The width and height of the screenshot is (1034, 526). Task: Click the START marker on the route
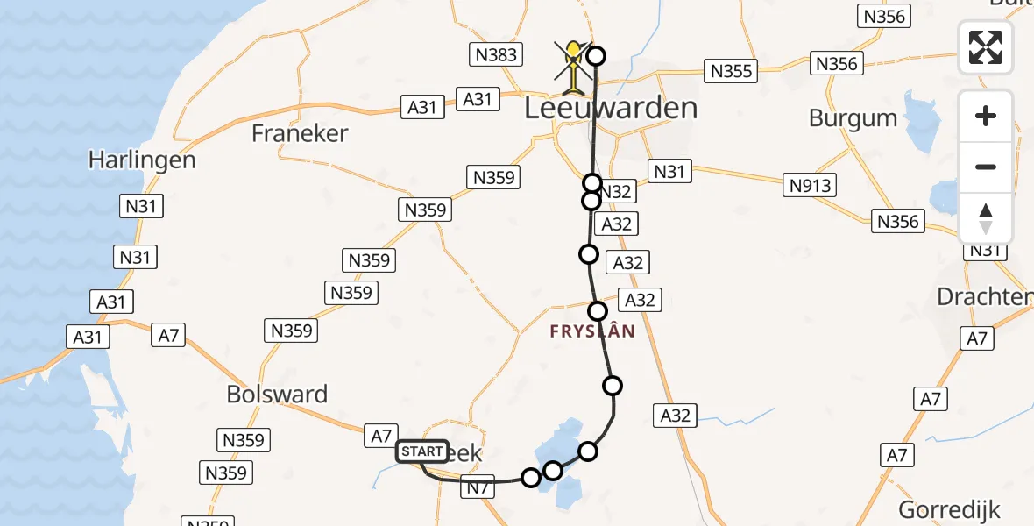pos(422,451)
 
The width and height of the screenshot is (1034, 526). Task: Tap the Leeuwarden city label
pos(612,108)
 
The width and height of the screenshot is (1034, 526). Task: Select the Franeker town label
pos(300,133)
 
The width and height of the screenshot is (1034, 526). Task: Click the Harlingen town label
pos(142,160)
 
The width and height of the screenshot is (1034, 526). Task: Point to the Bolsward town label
pos(277,394)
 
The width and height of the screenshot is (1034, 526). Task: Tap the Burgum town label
pos(853,118)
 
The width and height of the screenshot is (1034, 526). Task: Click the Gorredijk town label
pos(949,509)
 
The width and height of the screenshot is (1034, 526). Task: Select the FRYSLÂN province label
pos(592,332)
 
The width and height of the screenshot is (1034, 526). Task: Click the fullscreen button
pos(986,46)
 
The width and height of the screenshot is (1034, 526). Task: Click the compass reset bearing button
pos(986,217)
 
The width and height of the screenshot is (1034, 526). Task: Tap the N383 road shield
pos(497,55)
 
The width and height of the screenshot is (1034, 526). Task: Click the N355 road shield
pos(731,71)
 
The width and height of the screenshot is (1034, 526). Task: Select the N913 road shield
pos(811,185)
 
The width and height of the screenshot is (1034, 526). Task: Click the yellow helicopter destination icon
pos(573,67)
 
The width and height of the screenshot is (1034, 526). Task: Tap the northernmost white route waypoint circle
pos(596,57)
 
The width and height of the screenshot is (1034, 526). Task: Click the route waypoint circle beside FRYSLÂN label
pos(598,311)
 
